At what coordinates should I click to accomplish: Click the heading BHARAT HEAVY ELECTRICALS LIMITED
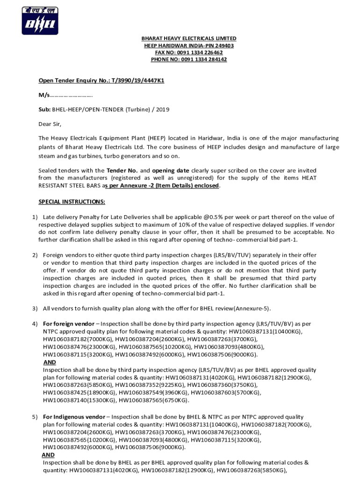pyautogui.click(x=189, y=38)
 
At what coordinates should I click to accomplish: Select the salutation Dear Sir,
pyautogui.click(x=50, y=124)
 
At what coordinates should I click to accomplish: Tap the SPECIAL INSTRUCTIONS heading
pyautogui.click(x=72, y=202)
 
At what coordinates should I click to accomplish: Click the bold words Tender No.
pyautogui.click(x=122, y=171)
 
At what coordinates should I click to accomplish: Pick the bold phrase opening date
pyautogui.click(x=171, y=171)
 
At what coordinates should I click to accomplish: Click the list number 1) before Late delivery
pyautogui.click(x=35, y=217)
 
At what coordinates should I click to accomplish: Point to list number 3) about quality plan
pyautogui.click(x=35, y=308)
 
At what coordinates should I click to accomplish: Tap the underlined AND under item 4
pyautogui.click(x=49, y=362)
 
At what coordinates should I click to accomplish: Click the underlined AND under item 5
pyautogui.click(x=48, y=455)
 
